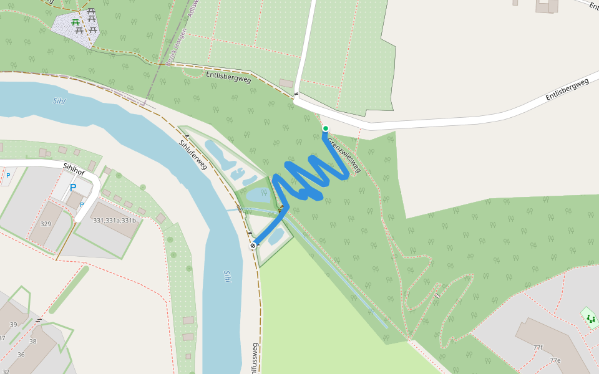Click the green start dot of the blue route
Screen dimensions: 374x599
coord(325,128)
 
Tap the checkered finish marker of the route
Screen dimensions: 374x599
coord(253,246)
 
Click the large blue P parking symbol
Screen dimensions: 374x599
coord(73,187)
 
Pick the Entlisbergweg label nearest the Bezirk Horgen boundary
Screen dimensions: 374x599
coord(228,79)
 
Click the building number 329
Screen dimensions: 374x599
coord(46,223)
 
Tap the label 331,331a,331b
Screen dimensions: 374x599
coord(114,220)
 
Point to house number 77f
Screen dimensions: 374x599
coord(538,347)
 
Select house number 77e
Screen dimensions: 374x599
coord(555,360)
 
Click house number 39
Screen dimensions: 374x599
coord(13,325)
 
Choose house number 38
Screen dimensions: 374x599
coord(33,341)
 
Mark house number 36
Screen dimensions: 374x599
coord(21,355)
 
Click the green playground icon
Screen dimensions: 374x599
coord(590,319)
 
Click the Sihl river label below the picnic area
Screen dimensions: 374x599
coord(59,100)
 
